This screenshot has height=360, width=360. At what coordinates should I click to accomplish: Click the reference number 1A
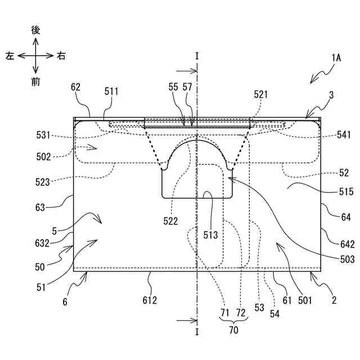pyautogui.click(x=336, y=58)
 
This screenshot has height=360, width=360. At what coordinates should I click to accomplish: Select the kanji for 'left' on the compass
pyautogui.click(x=10, y=56)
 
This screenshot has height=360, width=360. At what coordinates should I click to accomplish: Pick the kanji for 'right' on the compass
pyautogui.click(x=61, y=56)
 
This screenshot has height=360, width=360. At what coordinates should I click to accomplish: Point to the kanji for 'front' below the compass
pyautogui.click(x=35, y=82)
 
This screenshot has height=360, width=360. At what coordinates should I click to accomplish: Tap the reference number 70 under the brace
pyautogui.click(x=233, y=330)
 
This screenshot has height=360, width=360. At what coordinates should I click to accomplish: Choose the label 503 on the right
pyautogui.click(x=347, y=259)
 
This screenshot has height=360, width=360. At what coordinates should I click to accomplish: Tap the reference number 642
pyautogui.click(x=347, y=244)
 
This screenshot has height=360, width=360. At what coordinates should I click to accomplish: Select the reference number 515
pyautogui.click(x=346, y=192)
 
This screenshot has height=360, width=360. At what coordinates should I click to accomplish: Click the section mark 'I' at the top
pyautogui.click(x=197, y=56)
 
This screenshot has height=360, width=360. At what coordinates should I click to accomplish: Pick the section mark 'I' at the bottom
pyautogui.click(x=197, y=332)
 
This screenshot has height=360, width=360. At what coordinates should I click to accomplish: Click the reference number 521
pyautogui.click(x=260, y=95)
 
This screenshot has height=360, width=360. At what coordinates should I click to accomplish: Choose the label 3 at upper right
pyautogui.click(x=331, y=96)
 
